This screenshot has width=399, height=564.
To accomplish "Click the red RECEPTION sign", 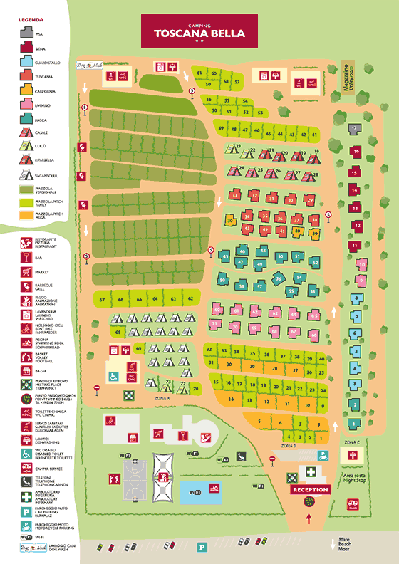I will click(x=310, y=490).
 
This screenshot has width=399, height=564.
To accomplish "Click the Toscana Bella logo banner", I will click(x=199, y=30).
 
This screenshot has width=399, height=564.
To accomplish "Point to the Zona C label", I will click(x=351, y=442).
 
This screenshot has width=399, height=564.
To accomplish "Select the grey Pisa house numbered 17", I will click(x=354, y=129).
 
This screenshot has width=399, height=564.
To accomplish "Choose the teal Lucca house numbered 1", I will click(x=353, y=424).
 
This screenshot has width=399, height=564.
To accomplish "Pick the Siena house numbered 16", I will click(x=355, y=151).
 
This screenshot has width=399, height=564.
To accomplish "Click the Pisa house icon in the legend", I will click(x=26, y=31).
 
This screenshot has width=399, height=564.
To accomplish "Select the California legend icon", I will click(x=26, y=90).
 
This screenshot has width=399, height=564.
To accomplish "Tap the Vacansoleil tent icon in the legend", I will click(x=26, y=175).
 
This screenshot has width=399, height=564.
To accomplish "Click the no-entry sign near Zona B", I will click(x=271, y=460).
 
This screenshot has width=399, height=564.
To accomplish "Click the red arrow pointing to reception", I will click(x=309, y=518).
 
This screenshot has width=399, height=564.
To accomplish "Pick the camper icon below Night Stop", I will click(x=353, y=503).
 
